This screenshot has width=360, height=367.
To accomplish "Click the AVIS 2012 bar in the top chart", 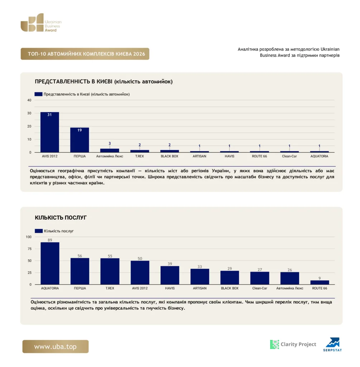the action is point(49,132).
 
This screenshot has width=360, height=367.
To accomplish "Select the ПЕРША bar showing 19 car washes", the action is point(80,140).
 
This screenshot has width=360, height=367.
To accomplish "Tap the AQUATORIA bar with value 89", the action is point(50,263).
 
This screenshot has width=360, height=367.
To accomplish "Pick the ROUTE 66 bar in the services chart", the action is point(320,282).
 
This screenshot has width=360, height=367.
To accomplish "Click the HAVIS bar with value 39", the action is point(170,275).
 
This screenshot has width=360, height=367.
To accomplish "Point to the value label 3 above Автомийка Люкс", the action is point(110,143).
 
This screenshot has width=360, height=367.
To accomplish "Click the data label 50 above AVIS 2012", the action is point(140,259).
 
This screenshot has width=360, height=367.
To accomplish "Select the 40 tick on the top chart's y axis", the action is point(29,100).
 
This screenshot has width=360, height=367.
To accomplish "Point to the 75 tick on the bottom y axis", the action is point(29,249).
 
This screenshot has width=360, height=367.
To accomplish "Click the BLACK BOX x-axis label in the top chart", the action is point(170,156).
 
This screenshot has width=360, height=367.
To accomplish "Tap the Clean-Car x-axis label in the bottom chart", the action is point(260,288).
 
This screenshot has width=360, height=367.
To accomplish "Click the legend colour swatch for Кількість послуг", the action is point(39,231).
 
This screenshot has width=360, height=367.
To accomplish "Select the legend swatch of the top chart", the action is point(38,94).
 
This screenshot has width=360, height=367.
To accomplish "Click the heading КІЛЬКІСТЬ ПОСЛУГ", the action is point(61,218).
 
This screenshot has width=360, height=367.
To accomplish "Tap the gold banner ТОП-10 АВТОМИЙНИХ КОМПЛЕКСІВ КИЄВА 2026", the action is point(85,54).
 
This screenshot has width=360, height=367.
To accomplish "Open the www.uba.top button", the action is point(56,347).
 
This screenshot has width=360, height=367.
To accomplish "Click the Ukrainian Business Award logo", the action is point(41,23).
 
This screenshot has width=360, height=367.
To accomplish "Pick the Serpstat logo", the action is point(333,344).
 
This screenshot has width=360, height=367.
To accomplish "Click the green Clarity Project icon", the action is point(275,344).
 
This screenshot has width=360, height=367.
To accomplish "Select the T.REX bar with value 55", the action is point(110,271).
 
